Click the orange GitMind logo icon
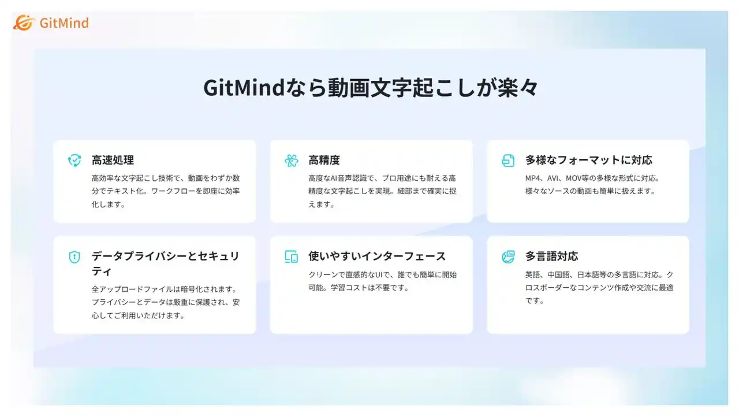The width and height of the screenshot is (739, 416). [24, 23]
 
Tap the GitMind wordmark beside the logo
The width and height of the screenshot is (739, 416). [64, 23]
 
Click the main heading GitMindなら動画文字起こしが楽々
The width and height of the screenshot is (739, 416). [371, 88]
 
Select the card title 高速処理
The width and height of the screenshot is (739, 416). [113, 160]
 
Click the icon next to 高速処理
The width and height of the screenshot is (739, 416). [74, 160]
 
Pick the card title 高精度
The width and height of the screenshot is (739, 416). [324, 160]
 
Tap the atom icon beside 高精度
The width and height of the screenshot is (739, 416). [292, 161]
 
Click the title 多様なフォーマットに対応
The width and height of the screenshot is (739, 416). [589, 160]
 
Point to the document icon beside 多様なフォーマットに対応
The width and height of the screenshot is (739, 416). [508, 161]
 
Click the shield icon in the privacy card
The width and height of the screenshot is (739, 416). [74, 257]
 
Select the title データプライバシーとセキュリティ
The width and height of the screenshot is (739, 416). [165, 263]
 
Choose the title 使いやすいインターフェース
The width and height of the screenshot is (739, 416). [377, 256]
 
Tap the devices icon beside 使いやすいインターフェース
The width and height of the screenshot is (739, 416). [292, 257]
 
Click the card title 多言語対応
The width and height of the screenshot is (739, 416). [551, 256]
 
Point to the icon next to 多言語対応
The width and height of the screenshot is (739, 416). [508, 257]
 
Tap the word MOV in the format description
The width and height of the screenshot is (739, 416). [573, 179]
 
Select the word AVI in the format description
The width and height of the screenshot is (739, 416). [553, 179]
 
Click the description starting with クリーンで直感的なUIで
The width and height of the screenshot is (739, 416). [383, 281]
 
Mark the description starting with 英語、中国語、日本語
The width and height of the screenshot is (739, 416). [599, 288]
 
